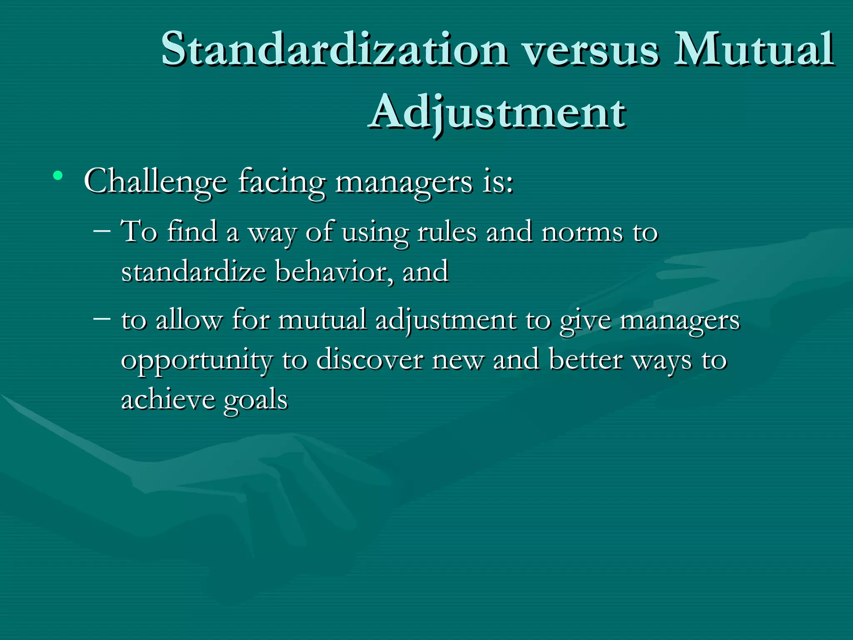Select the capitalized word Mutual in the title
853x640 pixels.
coord(754,49)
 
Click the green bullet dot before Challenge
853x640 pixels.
coord(58,175)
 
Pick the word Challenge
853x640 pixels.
coord(155,182)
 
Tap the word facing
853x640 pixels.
coord(282,182)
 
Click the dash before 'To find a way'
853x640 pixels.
coord(102,230)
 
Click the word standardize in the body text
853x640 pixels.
coord(193,272)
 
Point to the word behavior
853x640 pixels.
coord(334,272)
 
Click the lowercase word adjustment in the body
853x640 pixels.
coord(446,321)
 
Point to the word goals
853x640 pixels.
coord(256,401)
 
